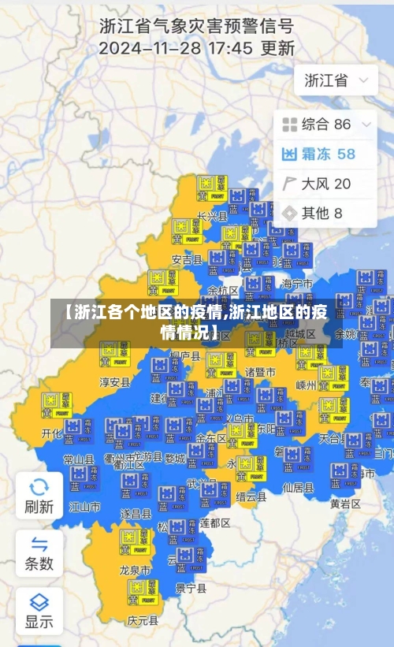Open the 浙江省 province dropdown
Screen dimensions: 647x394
[x=335, y=80]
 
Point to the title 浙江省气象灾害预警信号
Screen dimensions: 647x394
[x=196, y=25]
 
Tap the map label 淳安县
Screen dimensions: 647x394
[x=114, y=382]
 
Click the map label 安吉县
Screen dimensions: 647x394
[x=187, y=259]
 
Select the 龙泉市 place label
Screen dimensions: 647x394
[x=135, y=569]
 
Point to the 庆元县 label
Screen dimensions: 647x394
[x=143, y=619]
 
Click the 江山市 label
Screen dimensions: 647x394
[x=85, y=506]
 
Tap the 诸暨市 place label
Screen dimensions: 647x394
[x=260, y=371]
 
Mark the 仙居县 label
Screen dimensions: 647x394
[x=298, y=487]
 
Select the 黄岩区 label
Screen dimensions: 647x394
[x=345, y=503]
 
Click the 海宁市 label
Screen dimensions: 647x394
[x=297, y=284]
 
